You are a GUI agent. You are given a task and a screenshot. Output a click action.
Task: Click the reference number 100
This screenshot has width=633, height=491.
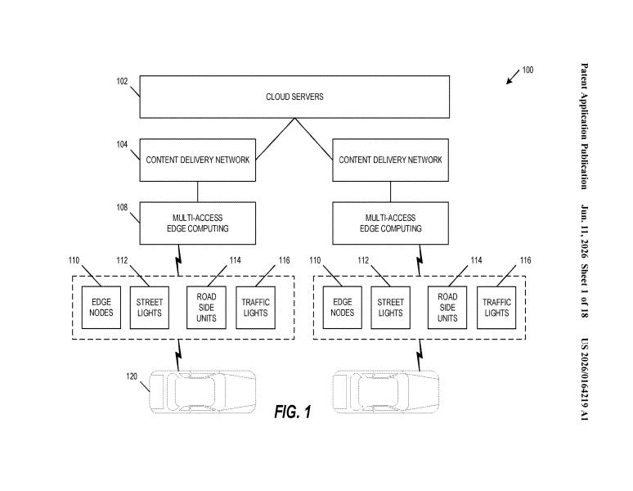527,70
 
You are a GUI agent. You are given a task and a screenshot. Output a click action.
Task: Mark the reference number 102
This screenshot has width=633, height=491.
122,81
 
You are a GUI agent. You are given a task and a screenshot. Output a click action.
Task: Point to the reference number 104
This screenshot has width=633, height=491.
122,144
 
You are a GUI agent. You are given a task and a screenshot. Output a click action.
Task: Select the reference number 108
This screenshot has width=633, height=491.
122,207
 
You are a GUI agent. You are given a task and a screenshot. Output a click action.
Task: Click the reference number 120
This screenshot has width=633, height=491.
132,376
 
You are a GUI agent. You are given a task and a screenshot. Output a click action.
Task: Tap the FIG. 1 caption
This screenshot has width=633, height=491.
293,412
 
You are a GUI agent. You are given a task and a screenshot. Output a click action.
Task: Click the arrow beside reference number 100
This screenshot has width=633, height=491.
513,77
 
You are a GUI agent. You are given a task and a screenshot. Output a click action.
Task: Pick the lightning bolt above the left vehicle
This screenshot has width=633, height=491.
178,355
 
